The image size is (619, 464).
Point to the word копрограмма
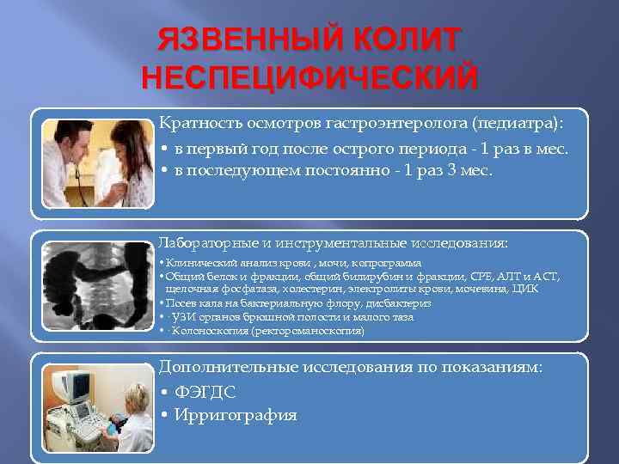coord(389,263)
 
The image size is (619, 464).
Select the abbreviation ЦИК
coord(528,290)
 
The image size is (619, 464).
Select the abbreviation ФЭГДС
coord(205,392)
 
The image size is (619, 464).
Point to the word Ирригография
coord(236,415)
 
